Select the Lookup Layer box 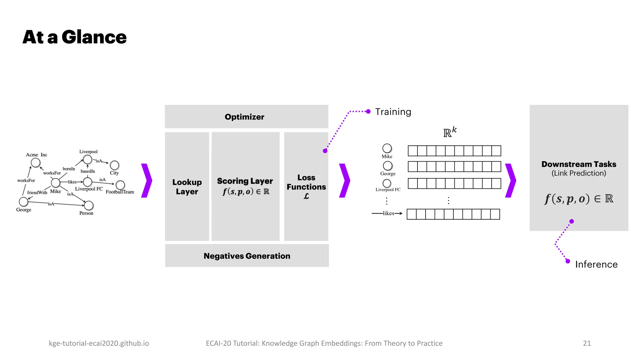187,187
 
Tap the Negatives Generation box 247,256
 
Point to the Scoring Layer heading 245,181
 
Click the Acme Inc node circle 36,162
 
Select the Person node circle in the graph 89,205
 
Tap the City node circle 114,165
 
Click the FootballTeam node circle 120,185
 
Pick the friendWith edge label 37,192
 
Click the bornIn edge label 69,169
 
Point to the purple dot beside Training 368,112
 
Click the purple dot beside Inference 568,261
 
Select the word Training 393,112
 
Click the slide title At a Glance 75,37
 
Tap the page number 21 587,343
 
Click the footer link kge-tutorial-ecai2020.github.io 99,343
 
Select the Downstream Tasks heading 579,164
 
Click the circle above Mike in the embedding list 387,148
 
